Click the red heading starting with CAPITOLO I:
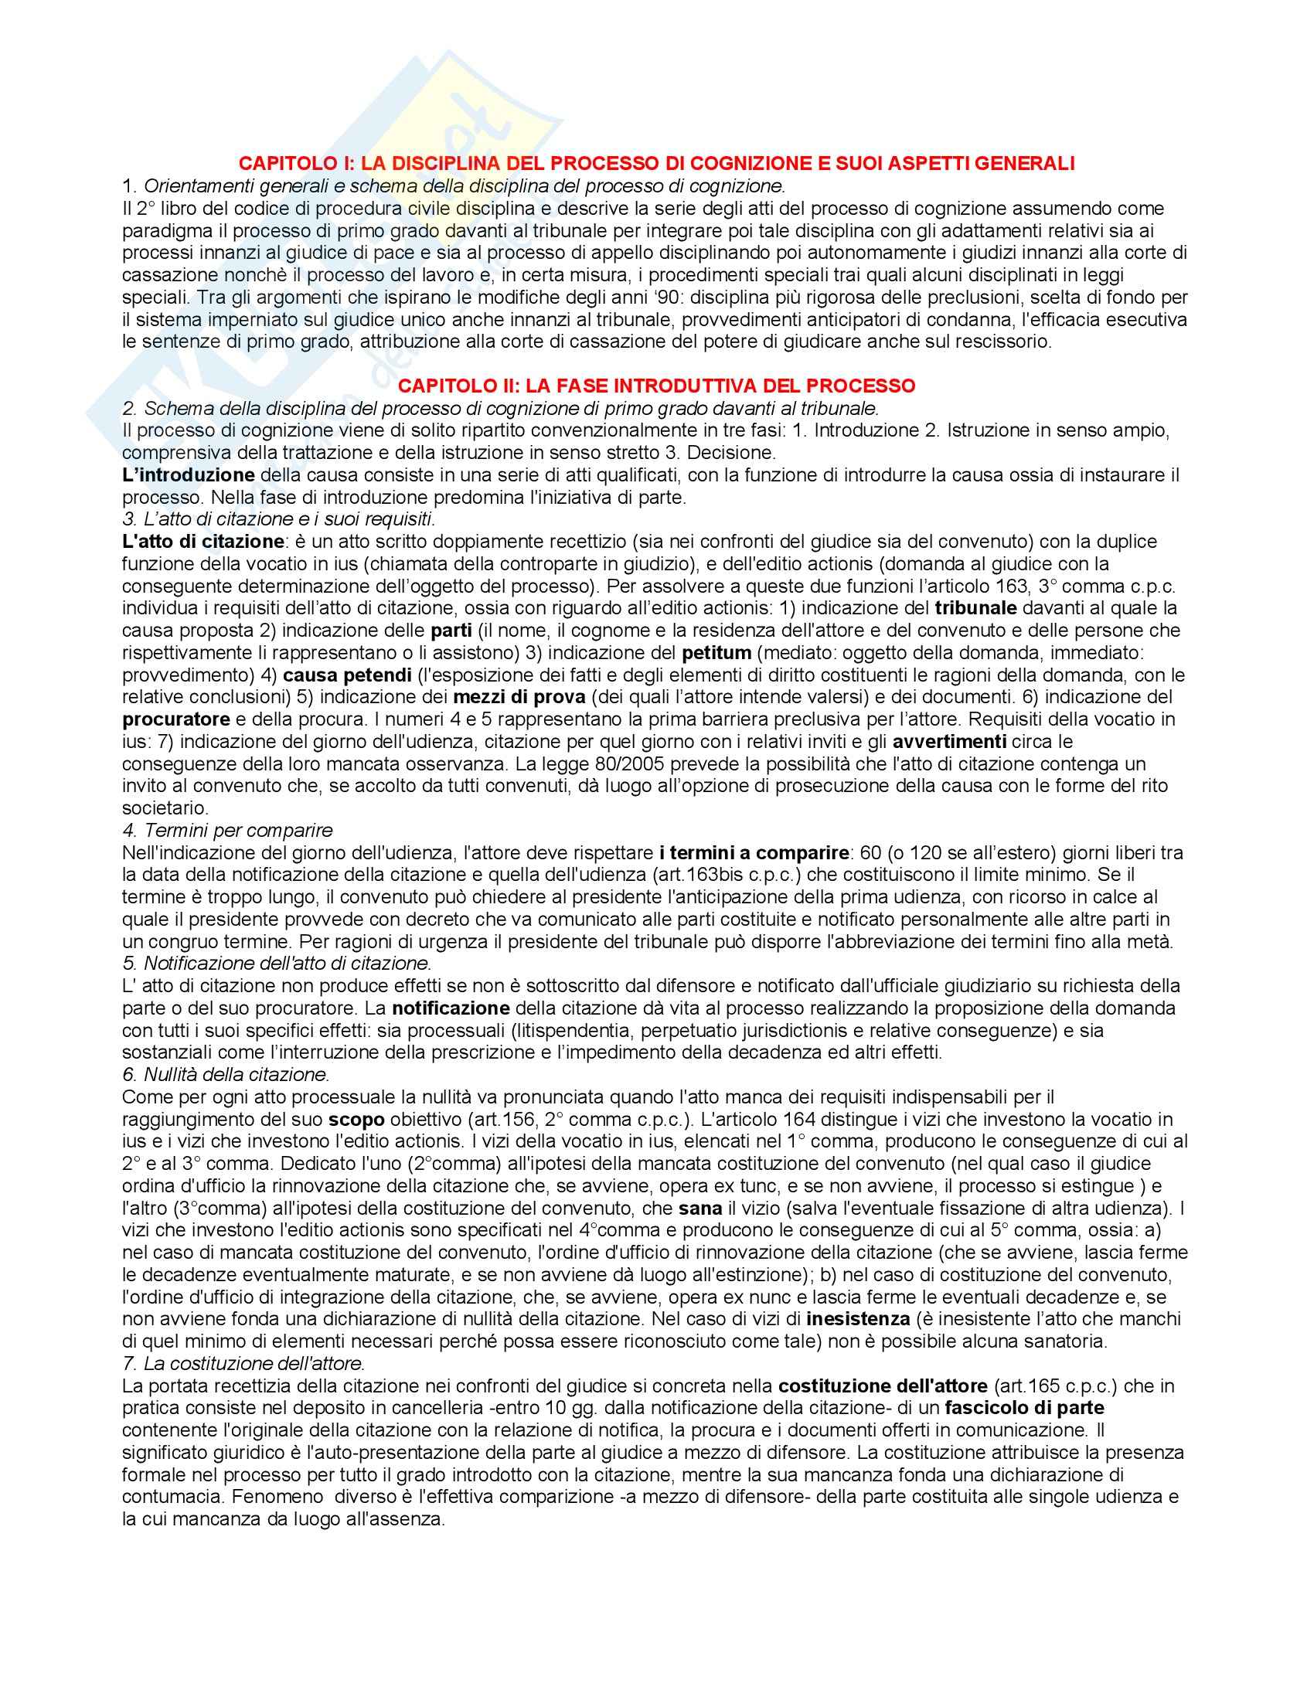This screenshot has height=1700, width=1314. tap(656, 164)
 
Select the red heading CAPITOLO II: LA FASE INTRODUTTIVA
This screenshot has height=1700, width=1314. tap(656, 386)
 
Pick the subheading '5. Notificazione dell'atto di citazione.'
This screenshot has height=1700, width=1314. tap(277, 964)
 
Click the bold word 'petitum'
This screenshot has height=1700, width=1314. tap(717, 652)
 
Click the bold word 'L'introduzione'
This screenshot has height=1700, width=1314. tap(189, 474)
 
